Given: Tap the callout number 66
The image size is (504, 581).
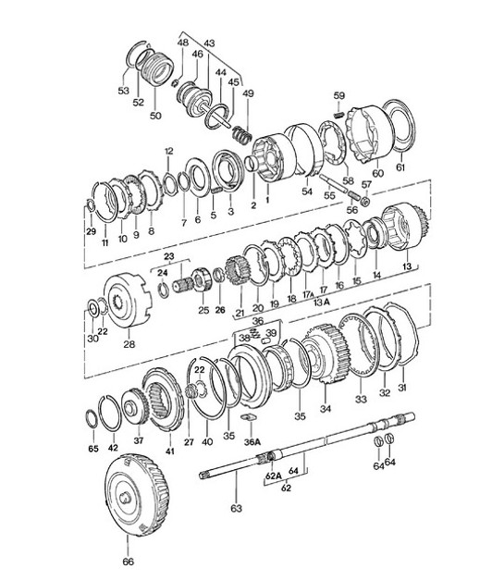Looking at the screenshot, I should point(128,562).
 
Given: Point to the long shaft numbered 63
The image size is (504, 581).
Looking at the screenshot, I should point(305,452).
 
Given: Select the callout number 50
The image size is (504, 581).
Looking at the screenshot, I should point(155,116).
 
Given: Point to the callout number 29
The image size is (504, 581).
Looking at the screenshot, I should point(90,230).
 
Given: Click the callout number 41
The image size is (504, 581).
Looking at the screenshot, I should point(169,451).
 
